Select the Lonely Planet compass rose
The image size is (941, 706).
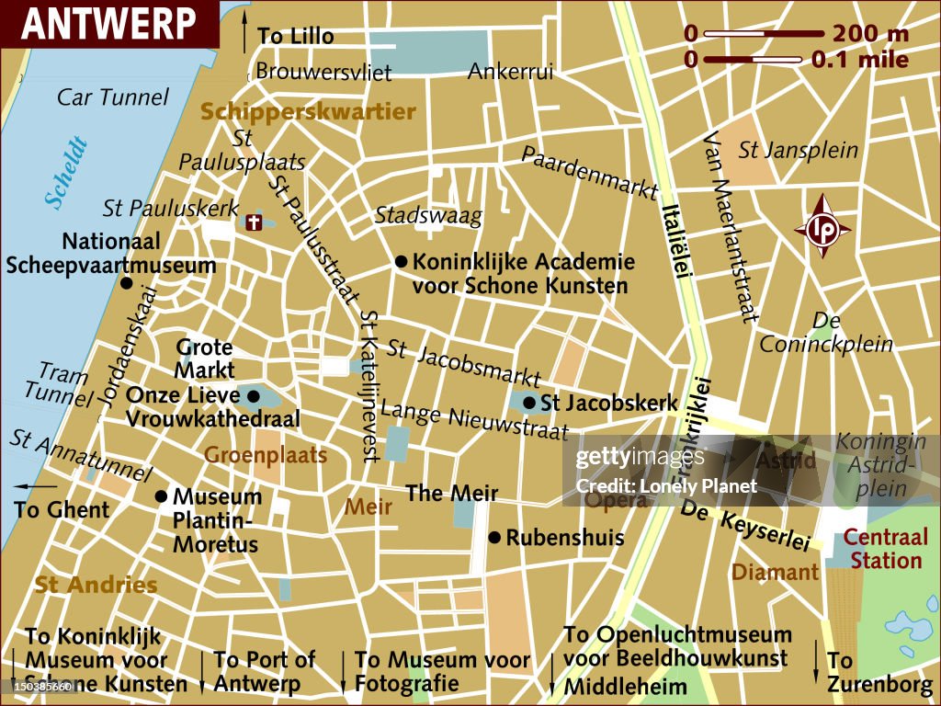click(x=822, y=227)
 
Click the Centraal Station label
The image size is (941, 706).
click(x=882, y=549)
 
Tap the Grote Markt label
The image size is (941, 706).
click(x=204, y=359)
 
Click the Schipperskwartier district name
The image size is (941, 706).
click(x=308, y=112)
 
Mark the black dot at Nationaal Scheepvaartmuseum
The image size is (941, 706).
click(x=126, y=282)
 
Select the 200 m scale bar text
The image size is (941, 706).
click(x=870, y=35)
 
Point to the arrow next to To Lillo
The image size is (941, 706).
click(x=244, y=32)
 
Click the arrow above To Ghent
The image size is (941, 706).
click(x=34, y=486)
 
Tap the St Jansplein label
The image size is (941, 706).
click(x=798, y=150)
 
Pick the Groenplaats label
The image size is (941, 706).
click(x=266, y=455)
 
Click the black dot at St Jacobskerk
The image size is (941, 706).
click(x=528, y=403)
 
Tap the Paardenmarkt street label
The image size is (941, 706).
click(x=589, y=172)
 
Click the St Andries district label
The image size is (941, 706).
click(x=96, y=585)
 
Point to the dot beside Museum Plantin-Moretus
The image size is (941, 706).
click(x=162, y=496)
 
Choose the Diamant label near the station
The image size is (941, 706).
click(x=775, y=572)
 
